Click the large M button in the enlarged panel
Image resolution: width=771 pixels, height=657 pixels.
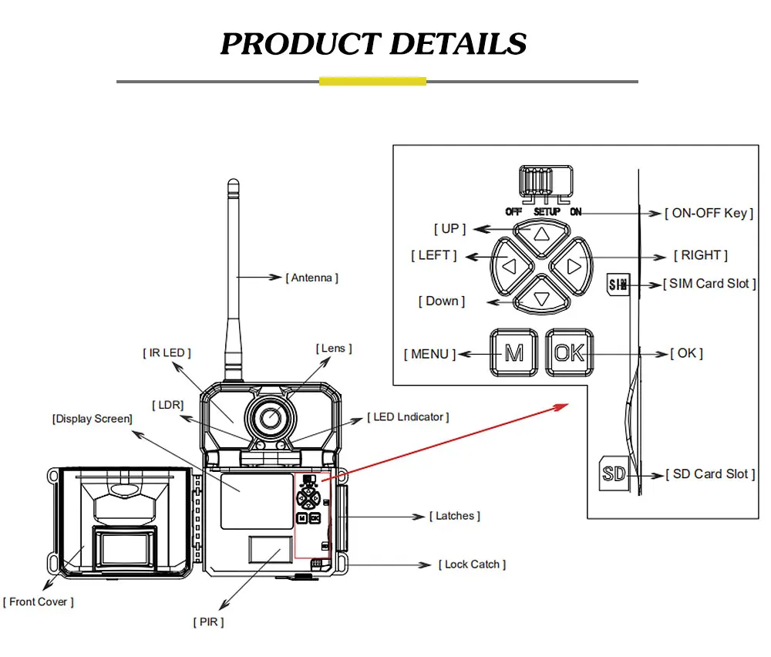point(513,353)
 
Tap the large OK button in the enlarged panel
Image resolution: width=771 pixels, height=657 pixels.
point(569,353)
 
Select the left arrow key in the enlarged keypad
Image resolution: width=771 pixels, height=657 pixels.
point(508,266)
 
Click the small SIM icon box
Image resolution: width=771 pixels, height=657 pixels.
point(617,285)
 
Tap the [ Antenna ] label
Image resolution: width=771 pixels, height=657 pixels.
point(311,278)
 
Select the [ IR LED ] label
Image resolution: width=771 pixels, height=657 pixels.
point(167,352)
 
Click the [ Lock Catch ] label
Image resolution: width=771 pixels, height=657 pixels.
point(472,564)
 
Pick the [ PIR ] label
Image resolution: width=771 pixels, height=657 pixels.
point(208,622)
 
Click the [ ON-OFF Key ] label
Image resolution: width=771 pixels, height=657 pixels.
point(709,213)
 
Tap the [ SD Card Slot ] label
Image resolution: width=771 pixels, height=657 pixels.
point(710,474)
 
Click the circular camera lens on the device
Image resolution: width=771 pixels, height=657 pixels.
point(270,417)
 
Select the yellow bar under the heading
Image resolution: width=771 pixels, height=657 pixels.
point(372,81)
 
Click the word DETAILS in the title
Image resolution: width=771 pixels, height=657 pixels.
point(458,44)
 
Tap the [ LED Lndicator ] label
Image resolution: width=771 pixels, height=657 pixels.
point(408,417)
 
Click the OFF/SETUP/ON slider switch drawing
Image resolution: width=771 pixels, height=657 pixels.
point(544,183)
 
